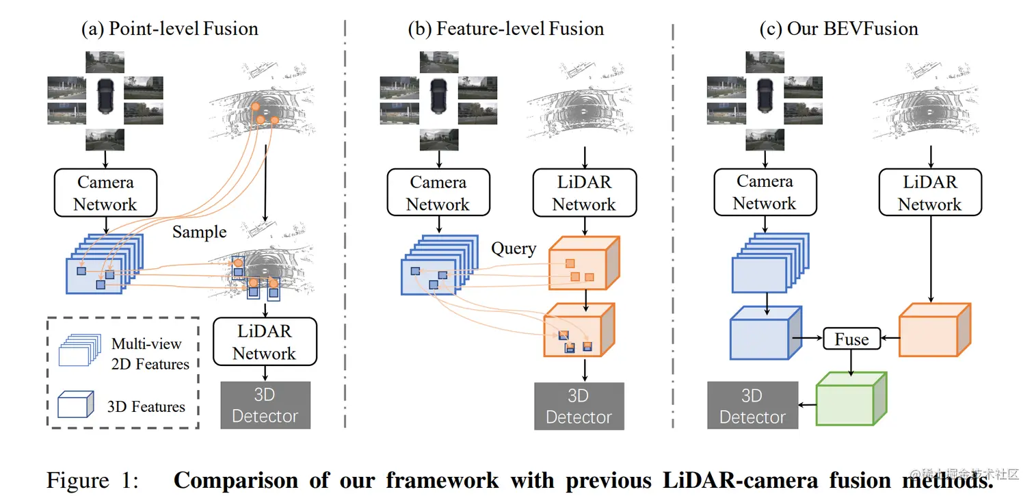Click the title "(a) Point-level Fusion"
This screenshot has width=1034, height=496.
coord(170,29)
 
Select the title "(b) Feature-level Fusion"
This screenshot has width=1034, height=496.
coord(505,29)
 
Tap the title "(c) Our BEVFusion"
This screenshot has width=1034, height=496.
coord(838,29)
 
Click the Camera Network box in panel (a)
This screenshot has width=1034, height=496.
coord(105,194)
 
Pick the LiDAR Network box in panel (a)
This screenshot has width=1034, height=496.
coord(265,342)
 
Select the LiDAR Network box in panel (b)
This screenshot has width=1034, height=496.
coord(584,194)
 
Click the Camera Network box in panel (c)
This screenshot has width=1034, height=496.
coord(765,193)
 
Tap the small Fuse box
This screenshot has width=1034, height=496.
coord(851,339)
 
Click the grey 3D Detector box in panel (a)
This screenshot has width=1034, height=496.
coord(265,405)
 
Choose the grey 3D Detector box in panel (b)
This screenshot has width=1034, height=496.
coord(579,406)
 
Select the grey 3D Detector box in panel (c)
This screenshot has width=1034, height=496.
coord(752,406)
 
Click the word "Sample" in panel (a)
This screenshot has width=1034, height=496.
coord(199,232)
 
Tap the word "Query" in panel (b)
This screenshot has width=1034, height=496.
coord(514,248)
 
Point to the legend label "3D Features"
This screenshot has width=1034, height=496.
coord(146,407)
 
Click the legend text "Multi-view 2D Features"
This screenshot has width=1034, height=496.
coord(150,354)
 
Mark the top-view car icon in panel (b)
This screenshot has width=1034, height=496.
coord(438,96)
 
